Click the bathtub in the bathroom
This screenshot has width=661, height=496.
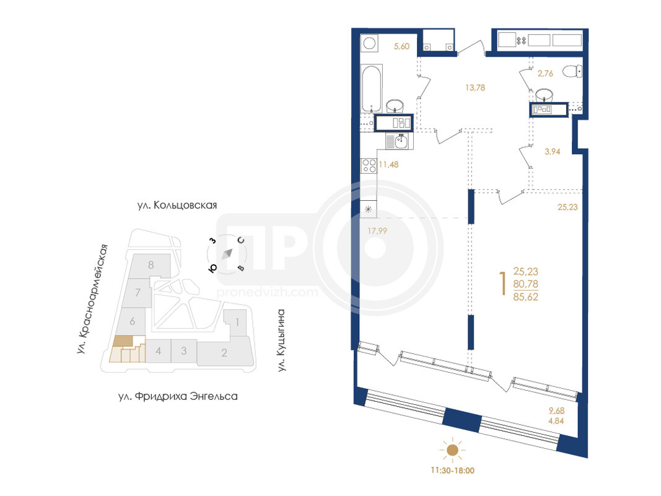372,88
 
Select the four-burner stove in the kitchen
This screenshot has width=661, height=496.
369,166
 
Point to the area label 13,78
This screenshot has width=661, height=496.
475,87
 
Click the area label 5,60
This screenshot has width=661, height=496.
401,46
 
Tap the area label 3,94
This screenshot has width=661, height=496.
552,152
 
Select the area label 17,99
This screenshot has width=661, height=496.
377,231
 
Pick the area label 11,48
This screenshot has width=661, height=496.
388,164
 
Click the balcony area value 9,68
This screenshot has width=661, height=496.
556,410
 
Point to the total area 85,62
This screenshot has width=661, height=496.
526,297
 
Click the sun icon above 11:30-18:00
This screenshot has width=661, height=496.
452,450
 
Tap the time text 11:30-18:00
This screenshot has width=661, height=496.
452,471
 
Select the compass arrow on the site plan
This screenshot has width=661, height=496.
227,254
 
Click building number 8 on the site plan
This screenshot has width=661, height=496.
151,265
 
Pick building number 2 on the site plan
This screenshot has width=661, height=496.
224,353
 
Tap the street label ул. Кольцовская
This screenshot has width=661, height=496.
177,205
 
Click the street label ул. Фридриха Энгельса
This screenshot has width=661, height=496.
178,396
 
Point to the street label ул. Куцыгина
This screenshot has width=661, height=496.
281,340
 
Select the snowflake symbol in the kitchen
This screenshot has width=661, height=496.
368,209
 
